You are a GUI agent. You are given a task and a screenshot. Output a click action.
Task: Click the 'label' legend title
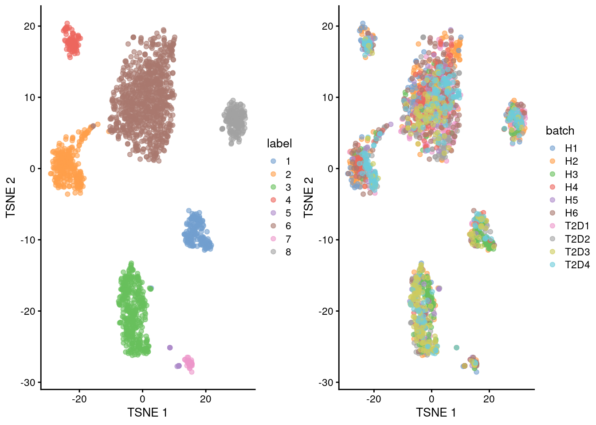(279, 143)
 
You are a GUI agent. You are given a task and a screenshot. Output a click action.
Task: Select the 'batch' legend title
(560, 131)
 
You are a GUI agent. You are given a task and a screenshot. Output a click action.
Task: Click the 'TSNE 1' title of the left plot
(147, 413)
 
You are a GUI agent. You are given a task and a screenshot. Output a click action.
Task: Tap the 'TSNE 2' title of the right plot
(309, 197)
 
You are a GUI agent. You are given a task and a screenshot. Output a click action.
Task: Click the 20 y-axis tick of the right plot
(327, 26)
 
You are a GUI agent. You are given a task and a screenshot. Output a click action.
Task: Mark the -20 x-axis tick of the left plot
(79, 399)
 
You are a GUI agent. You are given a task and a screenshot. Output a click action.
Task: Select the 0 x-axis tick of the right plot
(431, 399)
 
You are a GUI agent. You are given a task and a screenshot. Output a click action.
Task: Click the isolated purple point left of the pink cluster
(170, 348)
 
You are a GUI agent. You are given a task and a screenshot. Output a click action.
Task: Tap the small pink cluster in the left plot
(188, 363)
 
